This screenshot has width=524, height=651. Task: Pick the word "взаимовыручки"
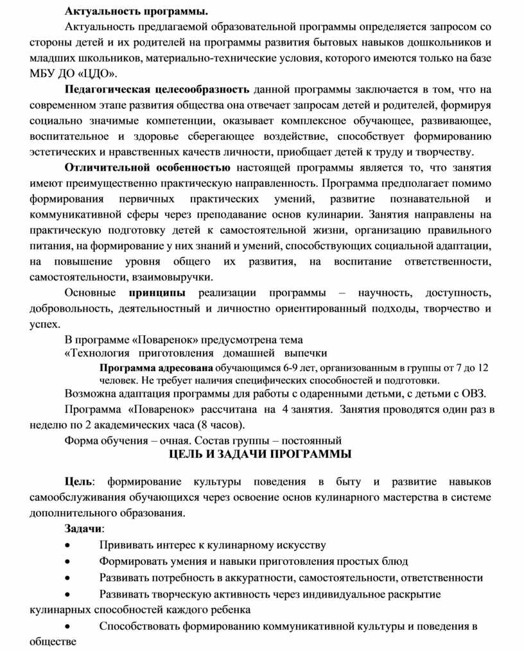click(x=177, y=277)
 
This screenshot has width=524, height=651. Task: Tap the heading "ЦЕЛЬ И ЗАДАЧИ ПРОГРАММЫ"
click(x=260, y=455)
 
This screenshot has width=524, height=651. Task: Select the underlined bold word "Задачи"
click(x=83, y=528)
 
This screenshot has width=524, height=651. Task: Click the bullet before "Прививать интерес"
click(x=68, y=545)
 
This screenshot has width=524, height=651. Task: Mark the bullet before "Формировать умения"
click(x=68, y=561)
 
